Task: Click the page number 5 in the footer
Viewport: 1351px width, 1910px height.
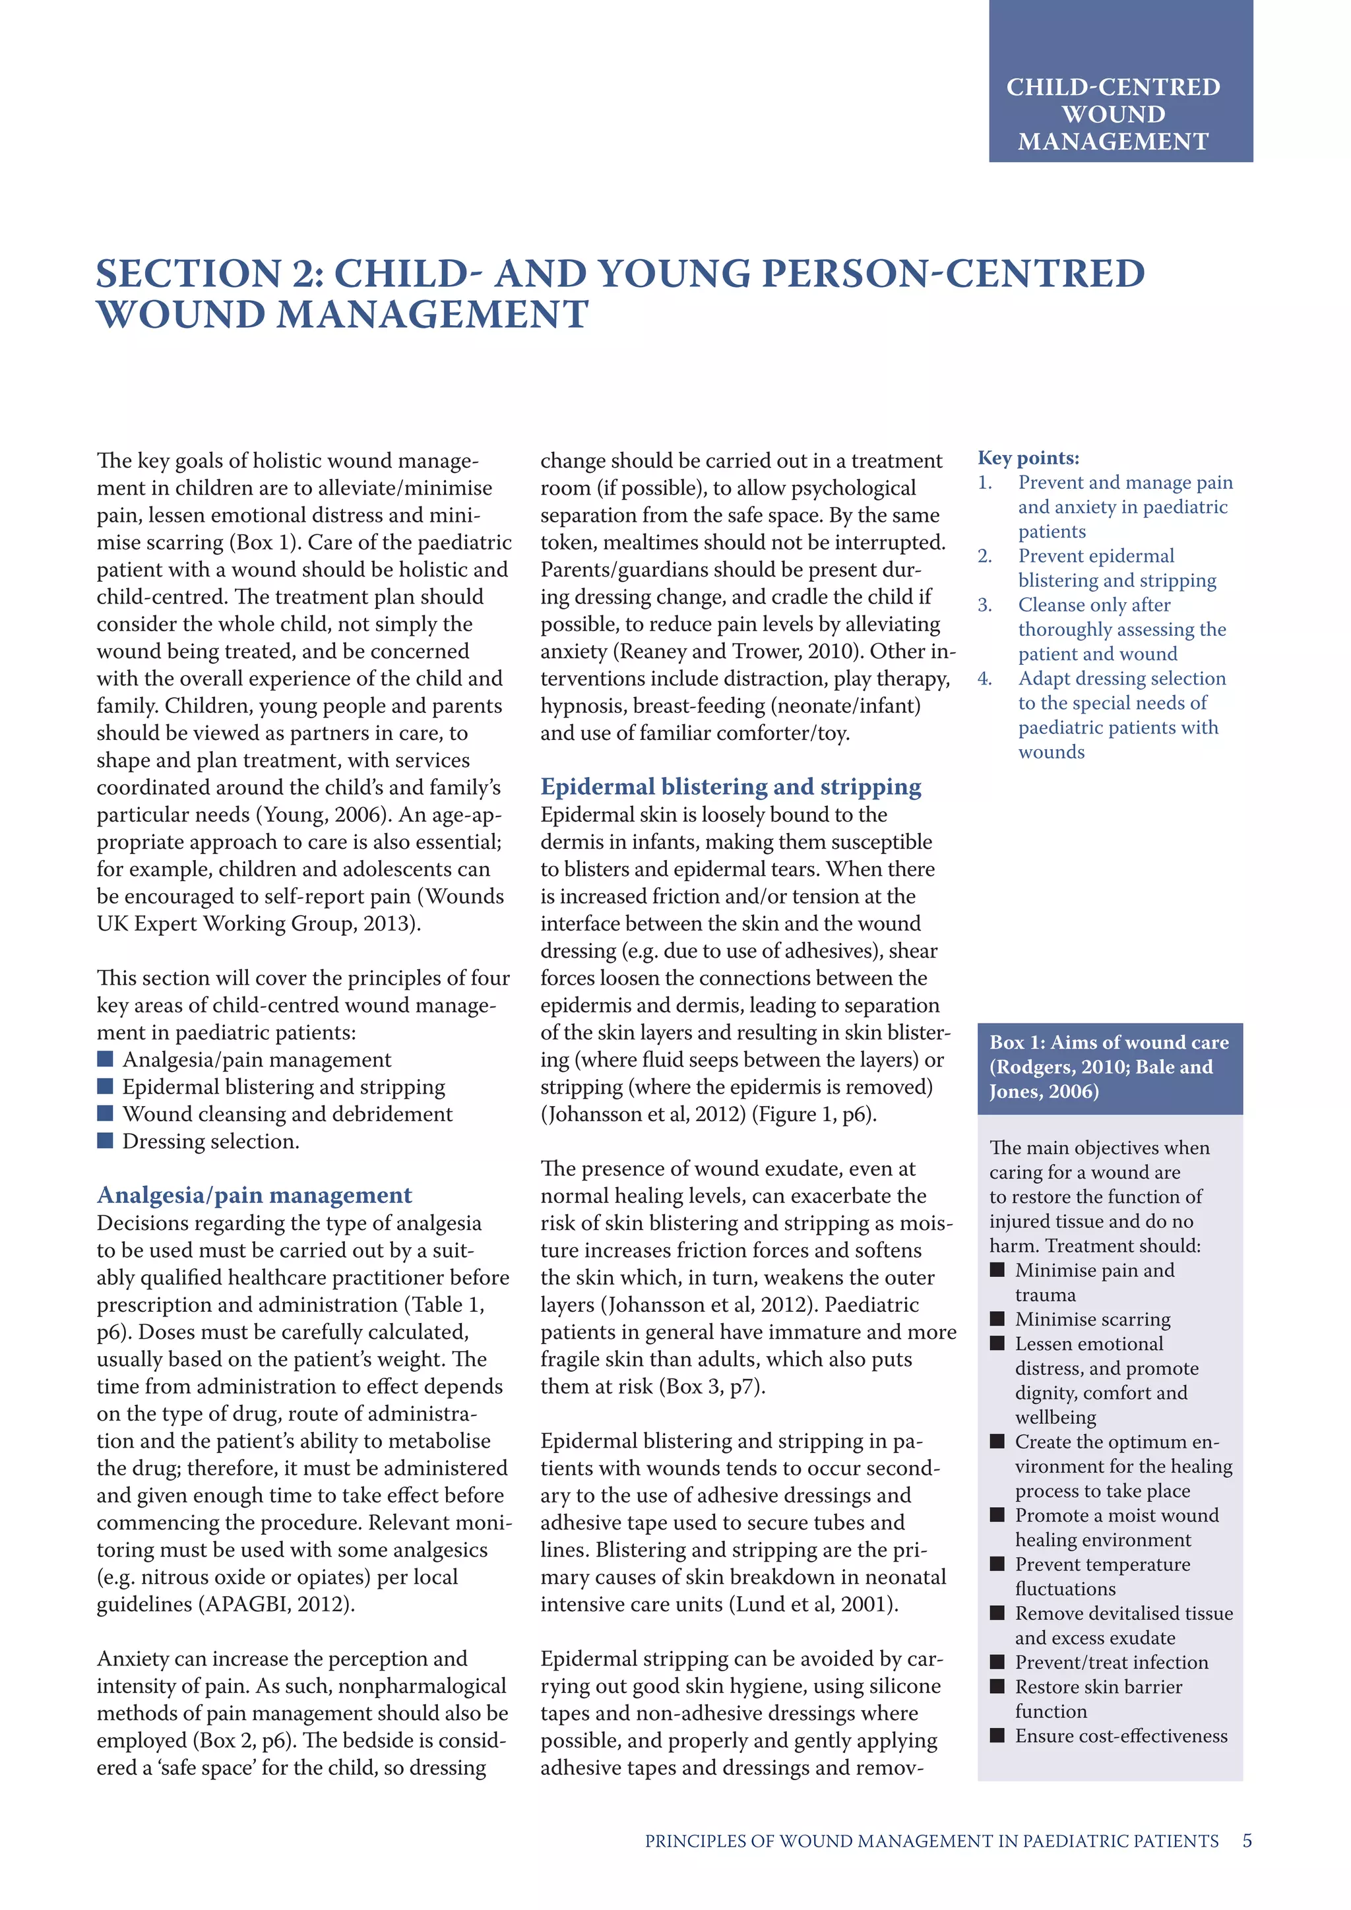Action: coord(1246,1841)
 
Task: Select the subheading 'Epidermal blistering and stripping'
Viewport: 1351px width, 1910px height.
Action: coord(730,786)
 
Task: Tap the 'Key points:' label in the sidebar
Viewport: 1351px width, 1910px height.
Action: coord(1028,458)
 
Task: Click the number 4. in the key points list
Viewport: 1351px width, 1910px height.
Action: coord(985,679)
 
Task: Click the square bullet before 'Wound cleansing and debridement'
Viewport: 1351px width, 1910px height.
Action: coord(105,1113)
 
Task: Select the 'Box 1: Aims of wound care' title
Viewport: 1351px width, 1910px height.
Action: coord(1108,1042)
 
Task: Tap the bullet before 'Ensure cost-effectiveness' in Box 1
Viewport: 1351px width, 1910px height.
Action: coord(997,1736)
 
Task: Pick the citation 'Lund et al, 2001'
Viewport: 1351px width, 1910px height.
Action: coord(813,1605)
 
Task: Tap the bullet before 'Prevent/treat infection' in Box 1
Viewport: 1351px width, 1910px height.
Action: coord(997,1662)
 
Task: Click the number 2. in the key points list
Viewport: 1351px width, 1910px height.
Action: coord(985,557)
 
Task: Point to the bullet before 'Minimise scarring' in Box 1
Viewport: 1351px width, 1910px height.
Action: coord(997,1319)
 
